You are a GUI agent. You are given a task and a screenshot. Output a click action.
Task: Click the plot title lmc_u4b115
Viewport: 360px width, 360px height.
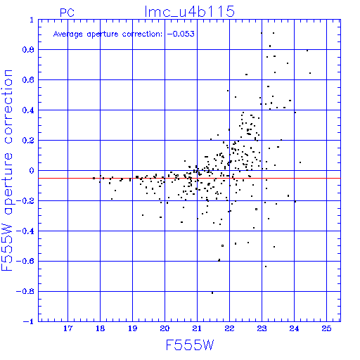pyautogui.click(x=190, y=11)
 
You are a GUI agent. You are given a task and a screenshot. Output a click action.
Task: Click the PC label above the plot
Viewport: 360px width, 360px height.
pyautogui.click(x=67, y=13)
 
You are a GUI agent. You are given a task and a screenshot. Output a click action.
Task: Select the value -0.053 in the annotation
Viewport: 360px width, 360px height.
pyautogui.click(x=181, y=34)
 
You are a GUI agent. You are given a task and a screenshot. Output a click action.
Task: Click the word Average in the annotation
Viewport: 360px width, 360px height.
pyautogui.click(x=68, y=34)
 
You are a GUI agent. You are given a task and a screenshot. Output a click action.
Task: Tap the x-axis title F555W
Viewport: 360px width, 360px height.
pyautogui.click(x=190, y=345)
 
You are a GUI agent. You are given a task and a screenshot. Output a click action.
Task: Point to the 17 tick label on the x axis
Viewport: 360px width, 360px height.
pyautogui.click(x=68, y=328)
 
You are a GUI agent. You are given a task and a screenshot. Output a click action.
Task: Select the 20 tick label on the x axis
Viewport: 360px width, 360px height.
pyautogui.click(x=165, y=328)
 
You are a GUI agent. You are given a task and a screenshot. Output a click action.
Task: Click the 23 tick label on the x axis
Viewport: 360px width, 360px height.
pyautogui.click(x=262, y=328)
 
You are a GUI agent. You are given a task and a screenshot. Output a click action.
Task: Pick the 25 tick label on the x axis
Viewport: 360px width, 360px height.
pyautogui.click(x=326, y=328)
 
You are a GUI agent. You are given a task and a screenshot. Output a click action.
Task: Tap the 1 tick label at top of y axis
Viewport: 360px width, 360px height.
pyautogui.click(x=32, y=20)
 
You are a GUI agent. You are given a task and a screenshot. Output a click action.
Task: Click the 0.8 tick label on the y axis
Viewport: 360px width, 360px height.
pyautogui.click(x=28, y=50)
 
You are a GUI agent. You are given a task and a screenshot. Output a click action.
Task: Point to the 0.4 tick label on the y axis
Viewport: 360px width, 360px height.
pyautogui.click(x=28, y=110)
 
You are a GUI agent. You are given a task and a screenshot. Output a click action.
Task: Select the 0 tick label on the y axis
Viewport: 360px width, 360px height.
pyautogui.click(x=32, y=171)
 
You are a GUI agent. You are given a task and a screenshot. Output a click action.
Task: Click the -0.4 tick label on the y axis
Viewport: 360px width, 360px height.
pyautogui.click(x=25, y=231)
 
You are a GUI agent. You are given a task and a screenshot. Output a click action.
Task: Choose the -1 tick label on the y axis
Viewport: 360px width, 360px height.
pyautogui.click(x=29, y=321)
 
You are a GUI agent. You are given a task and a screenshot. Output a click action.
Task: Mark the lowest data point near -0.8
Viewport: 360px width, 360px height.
pyautogui.click(x=212, y=292)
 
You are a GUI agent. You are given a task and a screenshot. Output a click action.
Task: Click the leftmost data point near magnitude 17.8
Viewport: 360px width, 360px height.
pyautogui.click(x=94, y=178)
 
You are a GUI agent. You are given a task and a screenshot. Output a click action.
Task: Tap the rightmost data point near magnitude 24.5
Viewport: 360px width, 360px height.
pyautogui.click(x=310, y=73)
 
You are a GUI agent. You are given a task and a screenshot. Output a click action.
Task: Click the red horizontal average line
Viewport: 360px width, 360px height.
pyautogui.click(x=189, y=179)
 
